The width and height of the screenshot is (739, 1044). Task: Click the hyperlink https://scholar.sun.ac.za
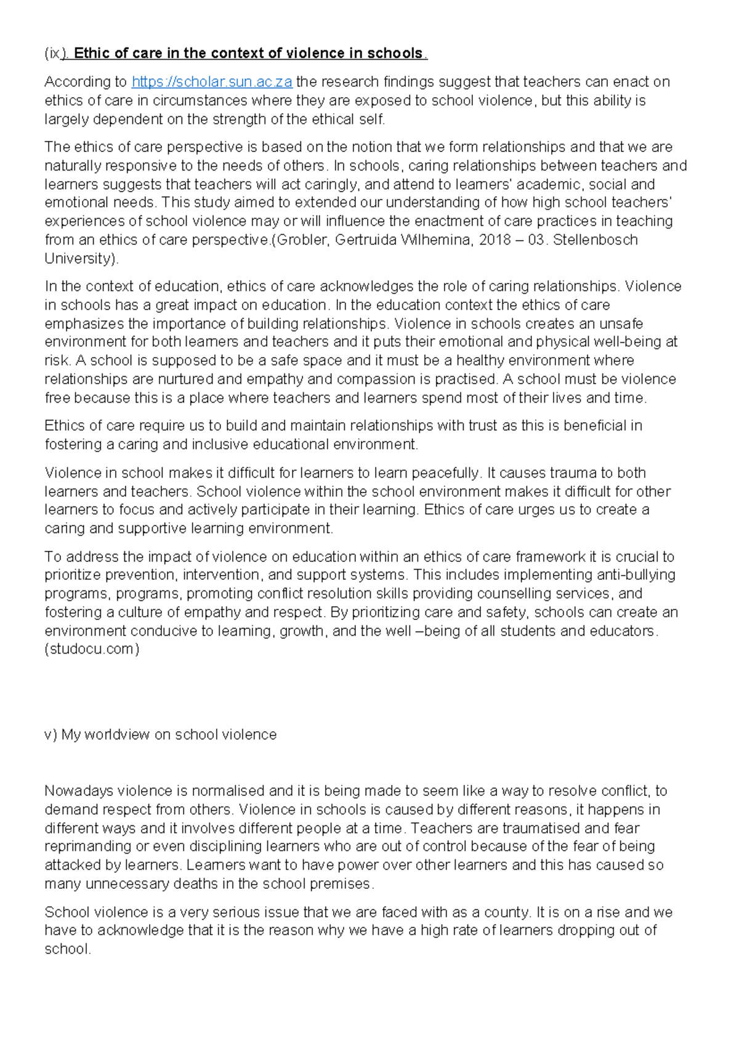[212, 82]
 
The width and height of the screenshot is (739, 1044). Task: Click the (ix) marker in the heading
[54, 54]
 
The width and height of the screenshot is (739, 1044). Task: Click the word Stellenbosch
[595, 239]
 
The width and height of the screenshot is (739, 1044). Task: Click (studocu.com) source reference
[92, 649]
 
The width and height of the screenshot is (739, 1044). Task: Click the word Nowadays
[79, 790]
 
